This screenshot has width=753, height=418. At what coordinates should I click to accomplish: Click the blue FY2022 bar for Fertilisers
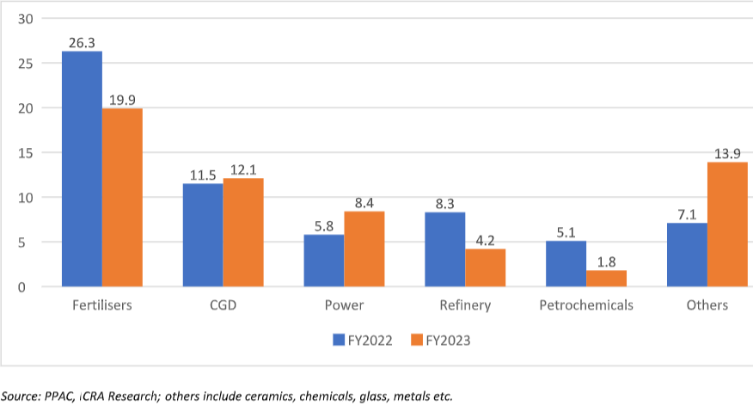coord(82,169)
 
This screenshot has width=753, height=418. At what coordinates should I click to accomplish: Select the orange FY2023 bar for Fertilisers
coord(122,197)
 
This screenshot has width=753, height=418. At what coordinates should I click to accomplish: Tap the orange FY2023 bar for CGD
coord(243,232)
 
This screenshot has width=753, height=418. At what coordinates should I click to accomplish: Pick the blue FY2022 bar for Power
coord(324,261)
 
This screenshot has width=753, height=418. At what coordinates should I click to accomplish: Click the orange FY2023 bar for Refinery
coord(486,267)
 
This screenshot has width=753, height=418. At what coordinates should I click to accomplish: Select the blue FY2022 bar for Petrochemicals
coord(566,263)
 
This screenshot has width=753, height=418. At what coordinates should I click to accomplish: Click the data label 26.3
coord(82,40)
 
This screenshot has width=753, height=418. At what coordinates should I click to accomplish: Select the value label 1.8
coord(607,260)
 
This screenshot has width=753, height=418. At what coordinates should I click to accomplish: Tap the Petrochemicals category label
coord(586,305)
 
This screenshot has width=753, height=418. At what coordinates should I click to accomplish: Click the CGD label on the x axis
coord(223,305)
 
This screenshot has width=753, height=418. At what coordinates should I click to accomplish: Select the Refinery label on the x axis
coord(465,305)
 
